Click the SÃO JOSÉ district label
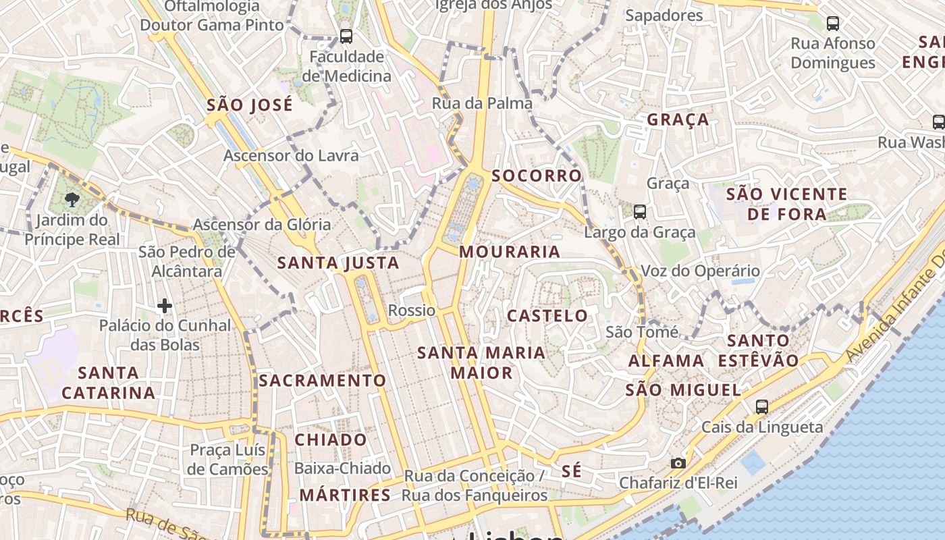[x=250, y=105]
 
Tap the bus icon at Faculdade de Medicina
[x=346, y=36]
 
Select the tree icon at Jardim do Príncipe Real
[x=72, y=198]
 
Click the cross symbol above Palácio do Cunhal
[x=164, y=306]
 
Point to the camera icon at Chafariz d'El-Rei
[x=678, y=463]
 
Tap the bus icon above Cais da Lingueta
[x=761, y=406]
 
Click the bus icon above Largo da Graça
[x=640, y=212]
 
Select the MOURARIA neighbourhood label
[x=510, y=252]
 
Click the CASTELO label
[x=547, y=315]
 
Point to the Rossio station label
[x=412, y=310]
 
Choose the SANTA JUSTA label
[x=338, y=263]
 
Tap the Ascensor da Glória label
[x=262, y=224]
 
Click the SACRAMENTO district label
[x=323, y=381]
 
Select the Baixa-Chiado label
[x=342, y=468]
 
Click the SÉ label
[x=571, y=471]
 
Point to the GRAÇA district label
[x=678, y=119]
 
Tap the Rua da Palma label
[x=482, y=103]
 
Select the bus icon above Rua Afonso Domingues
[x=833, y=24]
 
